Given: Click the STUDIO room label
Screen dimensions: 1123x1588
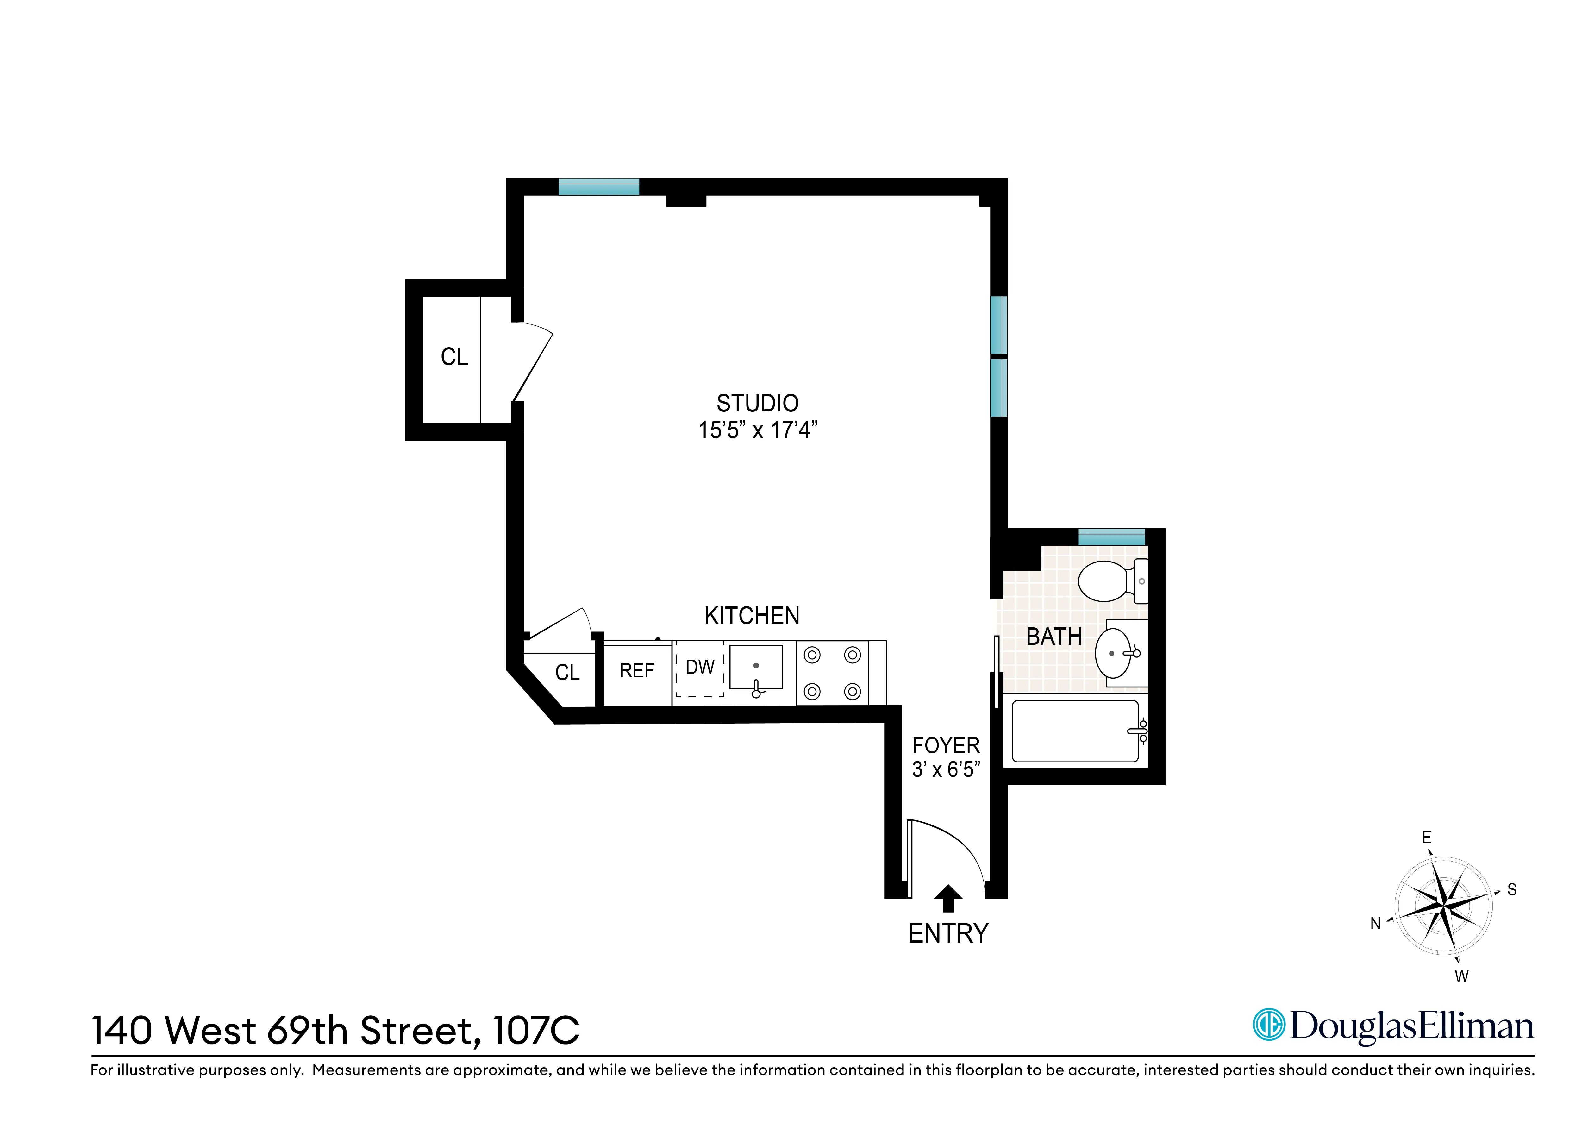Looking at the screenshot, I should click(757, 403).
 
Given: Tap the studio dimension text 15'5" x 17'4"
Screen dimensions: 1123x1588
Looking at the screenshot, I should click(757, 430).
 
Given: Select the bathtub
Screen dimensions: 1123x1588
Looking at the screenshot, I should click(1076, 731).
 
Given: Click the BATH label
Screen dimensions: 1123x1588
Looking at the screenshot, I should click(1053, 637).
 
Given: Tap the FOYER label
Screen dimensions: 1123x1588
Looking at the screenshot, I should click(946, 746).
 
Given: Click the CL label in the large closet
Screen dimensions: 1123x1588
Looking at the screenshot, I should click(454, 357).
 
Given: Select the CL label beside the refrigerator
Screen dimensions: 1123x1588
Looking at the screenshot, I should click(567, 673).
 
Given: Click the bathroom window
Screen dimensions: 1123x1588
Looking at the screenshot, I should click(1111, 536).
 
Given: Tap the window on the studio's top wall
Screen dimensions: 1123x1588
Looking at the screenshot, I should click(598, 187).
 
